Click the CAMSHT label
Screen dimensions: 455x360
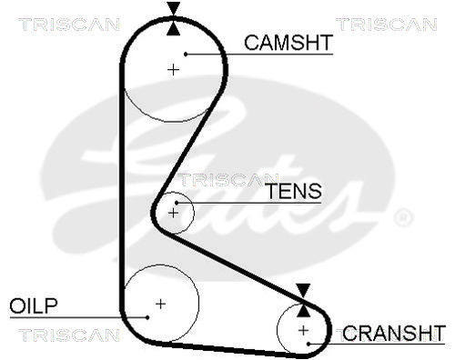288,43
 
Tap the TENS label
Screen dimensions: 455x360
294,191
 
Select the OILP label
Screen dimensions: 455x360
34,305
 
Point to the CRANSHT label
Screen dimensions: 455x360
394,333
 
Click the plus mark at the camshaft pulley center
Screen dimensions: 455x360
173,70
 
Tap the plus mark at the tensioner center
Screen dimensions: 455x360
173,214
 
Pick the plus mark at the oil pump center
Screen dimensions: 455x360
160,304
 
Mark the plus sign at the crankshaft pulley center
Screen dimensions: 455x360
303,330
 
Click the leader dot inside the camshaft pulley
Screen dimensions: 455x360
186,55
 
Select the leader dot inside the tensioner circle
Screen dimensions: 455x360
177,203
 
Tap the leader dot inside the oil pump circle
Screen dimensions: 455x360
147,317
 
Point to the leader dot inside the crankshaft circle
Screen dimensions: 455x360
308,344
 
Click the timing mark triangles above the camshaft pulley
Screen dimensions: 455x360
174,19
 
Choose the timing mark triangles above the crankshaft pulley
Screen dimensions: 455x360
303,301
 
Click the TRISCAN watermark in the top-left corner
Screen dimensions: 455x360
69,25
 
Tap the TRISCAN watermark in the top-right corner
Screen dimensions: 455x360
387,25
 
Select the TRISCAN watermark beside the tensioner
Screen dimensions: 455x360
227,179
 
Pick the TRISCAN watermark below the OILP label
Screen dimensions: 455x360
69,335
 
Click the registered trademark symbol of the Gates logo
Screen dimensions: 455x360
403,217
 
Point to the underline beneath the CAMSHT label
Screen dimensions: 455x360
259,55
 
